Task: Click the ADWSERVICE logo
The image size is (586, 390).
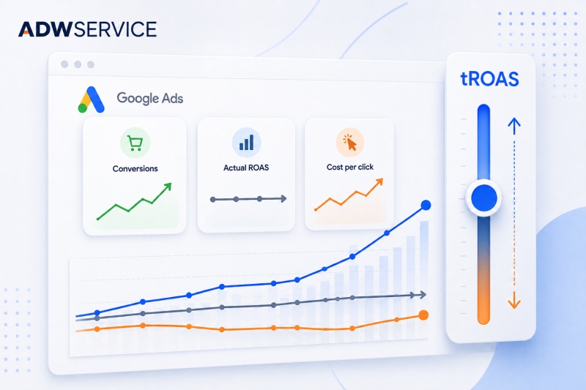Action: pyautogui.click(x=87, y=29)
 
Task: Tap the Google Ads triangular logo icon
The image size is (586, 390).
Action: pyautogui.click(x=91, y=100)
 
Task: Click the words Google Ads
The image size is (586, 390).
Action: pyautogui.click(x=150, y=98)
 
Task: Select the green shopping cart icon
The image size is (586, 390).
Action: pyautogui.click(x=135, y=143)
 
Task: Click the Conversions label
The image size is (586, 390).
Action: pyautogui.click(x=135, y=169)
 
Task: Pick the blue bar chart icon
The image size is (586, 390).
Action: pyautogui.click(x=246, y=142)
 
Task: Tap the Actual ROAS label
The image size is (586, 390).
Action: pyautogui.click(x=246, y=168)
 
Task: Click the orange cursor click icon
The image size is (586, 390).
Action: pyautogui.click(x=350, y=143)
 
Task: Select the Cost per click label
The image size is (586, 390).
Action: pyautogui.click(x=350, y=168)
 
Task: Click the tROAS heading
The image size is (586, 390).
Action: pyautogui.click(x=489, y=79)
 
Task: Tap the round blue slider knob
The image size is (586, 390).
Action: pyautogui.click(x=484, y=198)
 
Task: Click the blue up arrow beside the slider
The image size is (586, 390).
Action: pyautogui.click(x=514, y=126)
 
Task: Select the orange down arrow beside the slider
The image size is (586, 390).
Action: pyautogui.click(x=514, y=300)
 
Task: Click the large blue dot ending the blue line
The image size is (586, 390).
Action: pyautogui.click(x=426, y=205)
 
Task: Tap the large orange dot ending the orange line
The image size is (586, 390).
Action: pyautogui.click(x=423, y=315)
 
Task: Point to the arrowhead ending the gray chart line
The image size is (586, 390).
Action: pyautogui.click(x=423, y=295)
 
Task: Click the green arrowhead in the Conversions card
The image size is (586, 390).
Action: pyautogui.click(x=168, y=187)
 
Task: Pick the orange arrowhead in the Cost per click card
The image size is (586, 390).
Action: pyautogui.click(x=379, y=181)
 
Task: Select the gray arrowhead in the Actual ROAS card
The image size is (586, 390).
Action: pyautogui.click(x=283, y=198)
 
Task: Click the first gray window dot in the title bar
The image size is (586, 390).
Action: pyautogui.click(x=64, y=64)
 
